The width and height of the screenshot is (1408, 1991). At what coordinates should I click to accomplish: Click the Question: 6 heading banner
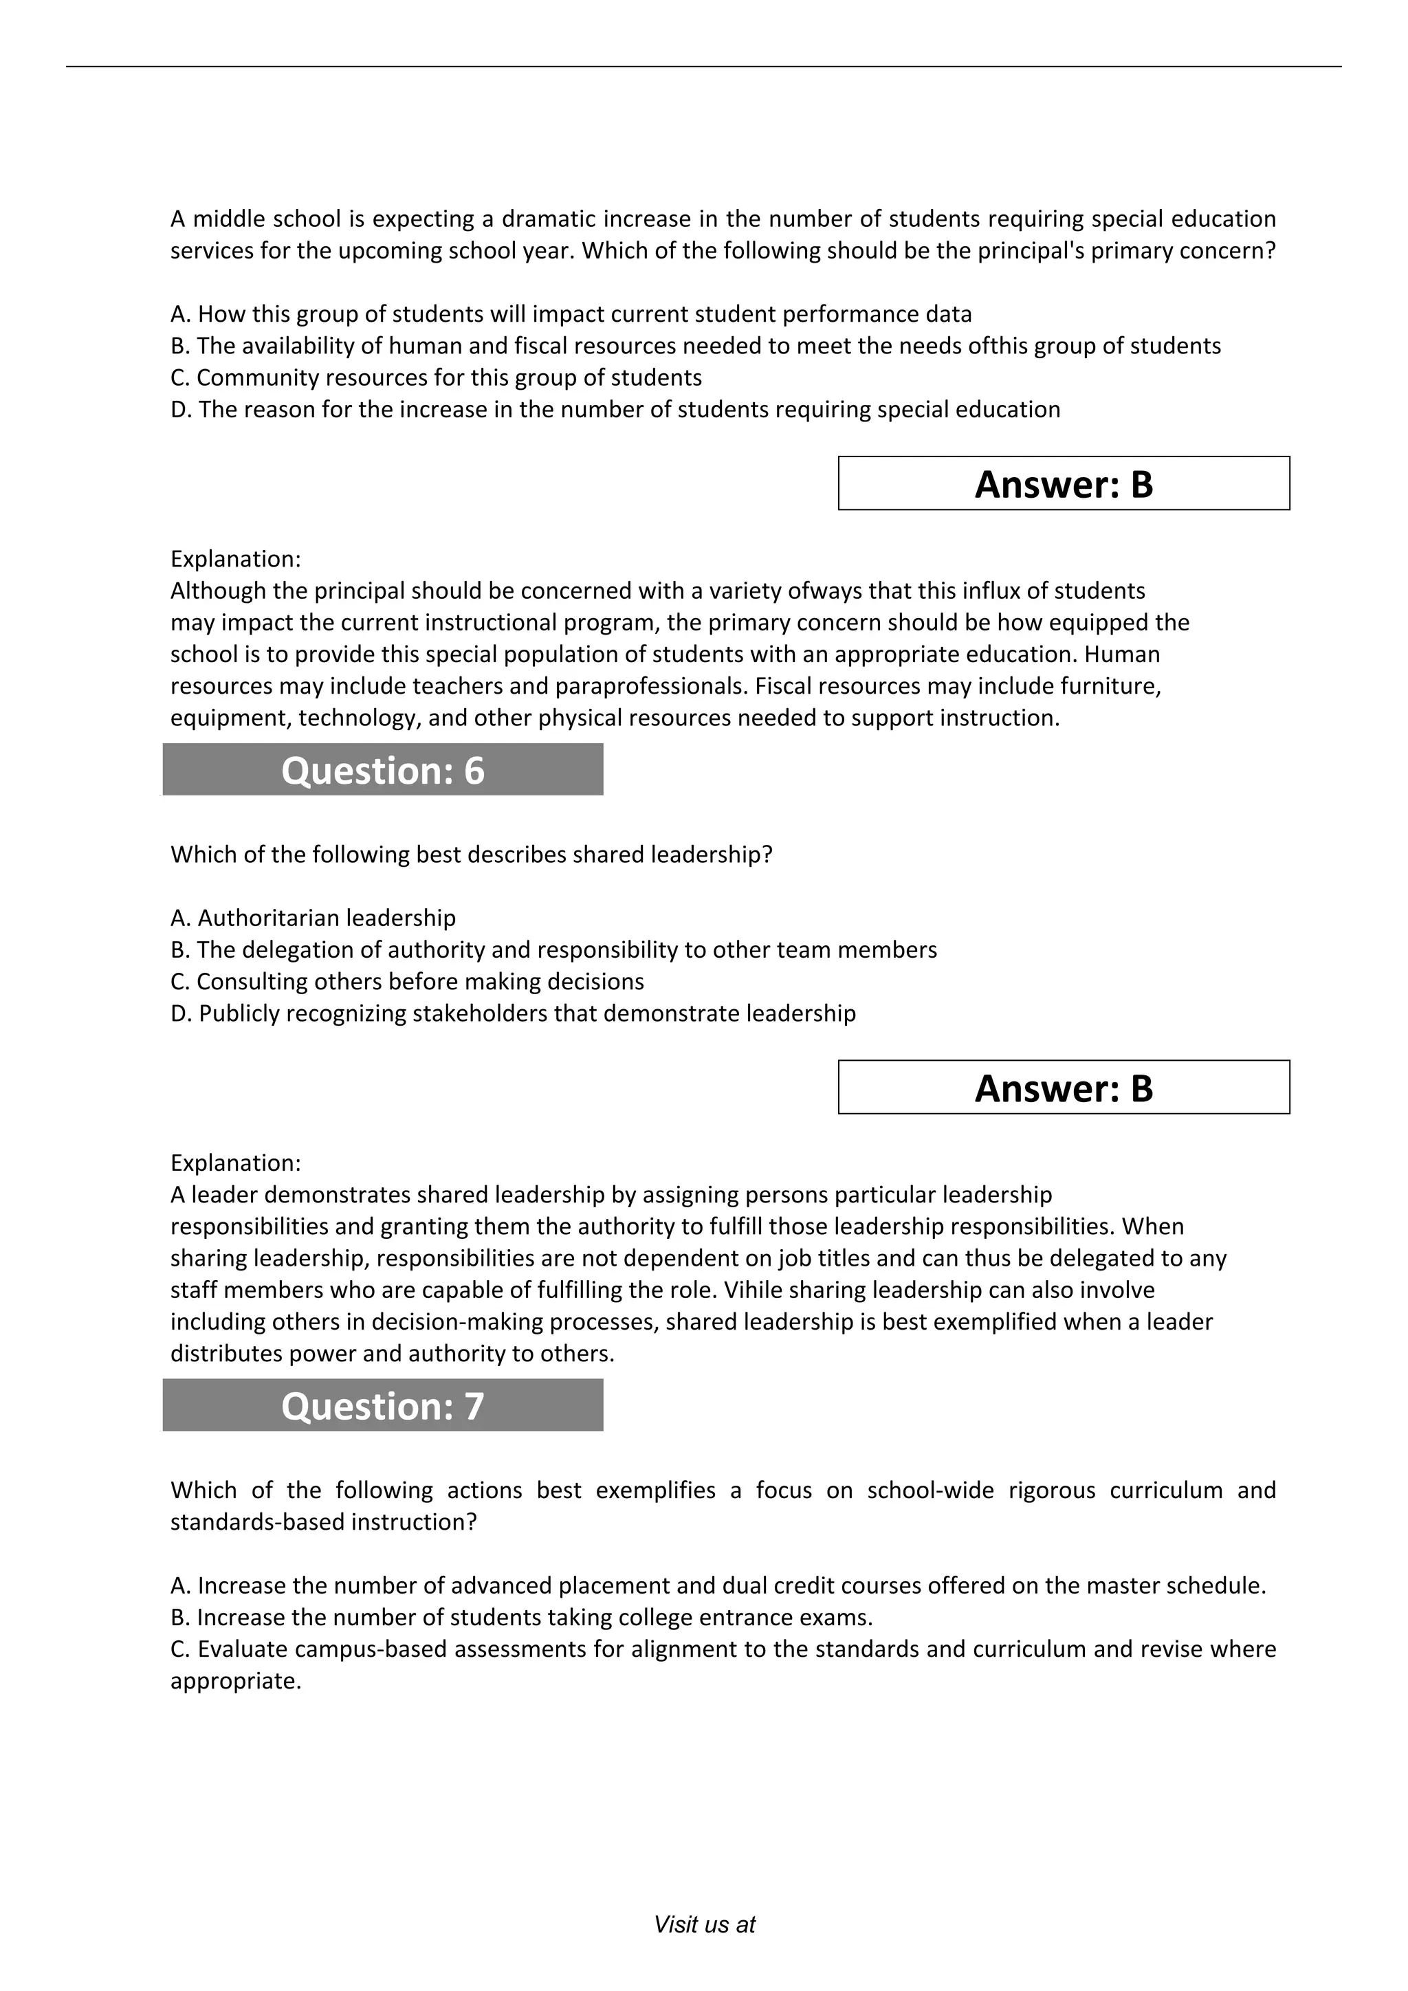click(x=382, y=770)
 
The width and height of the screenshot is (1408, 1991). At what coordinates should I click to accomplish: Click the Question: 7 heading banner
click(x=382, y=1406)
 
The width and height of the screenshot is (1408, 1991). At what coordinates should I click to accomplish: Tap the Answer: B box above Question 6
click(x=1063, y=484)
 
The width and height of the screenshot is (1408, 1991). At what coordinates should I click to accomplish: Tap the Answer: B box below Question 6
click(x=1063, y=1088)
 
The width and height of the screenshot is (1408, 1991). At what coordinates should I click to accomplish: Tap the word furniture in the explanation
click(x=1110, y=686)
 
